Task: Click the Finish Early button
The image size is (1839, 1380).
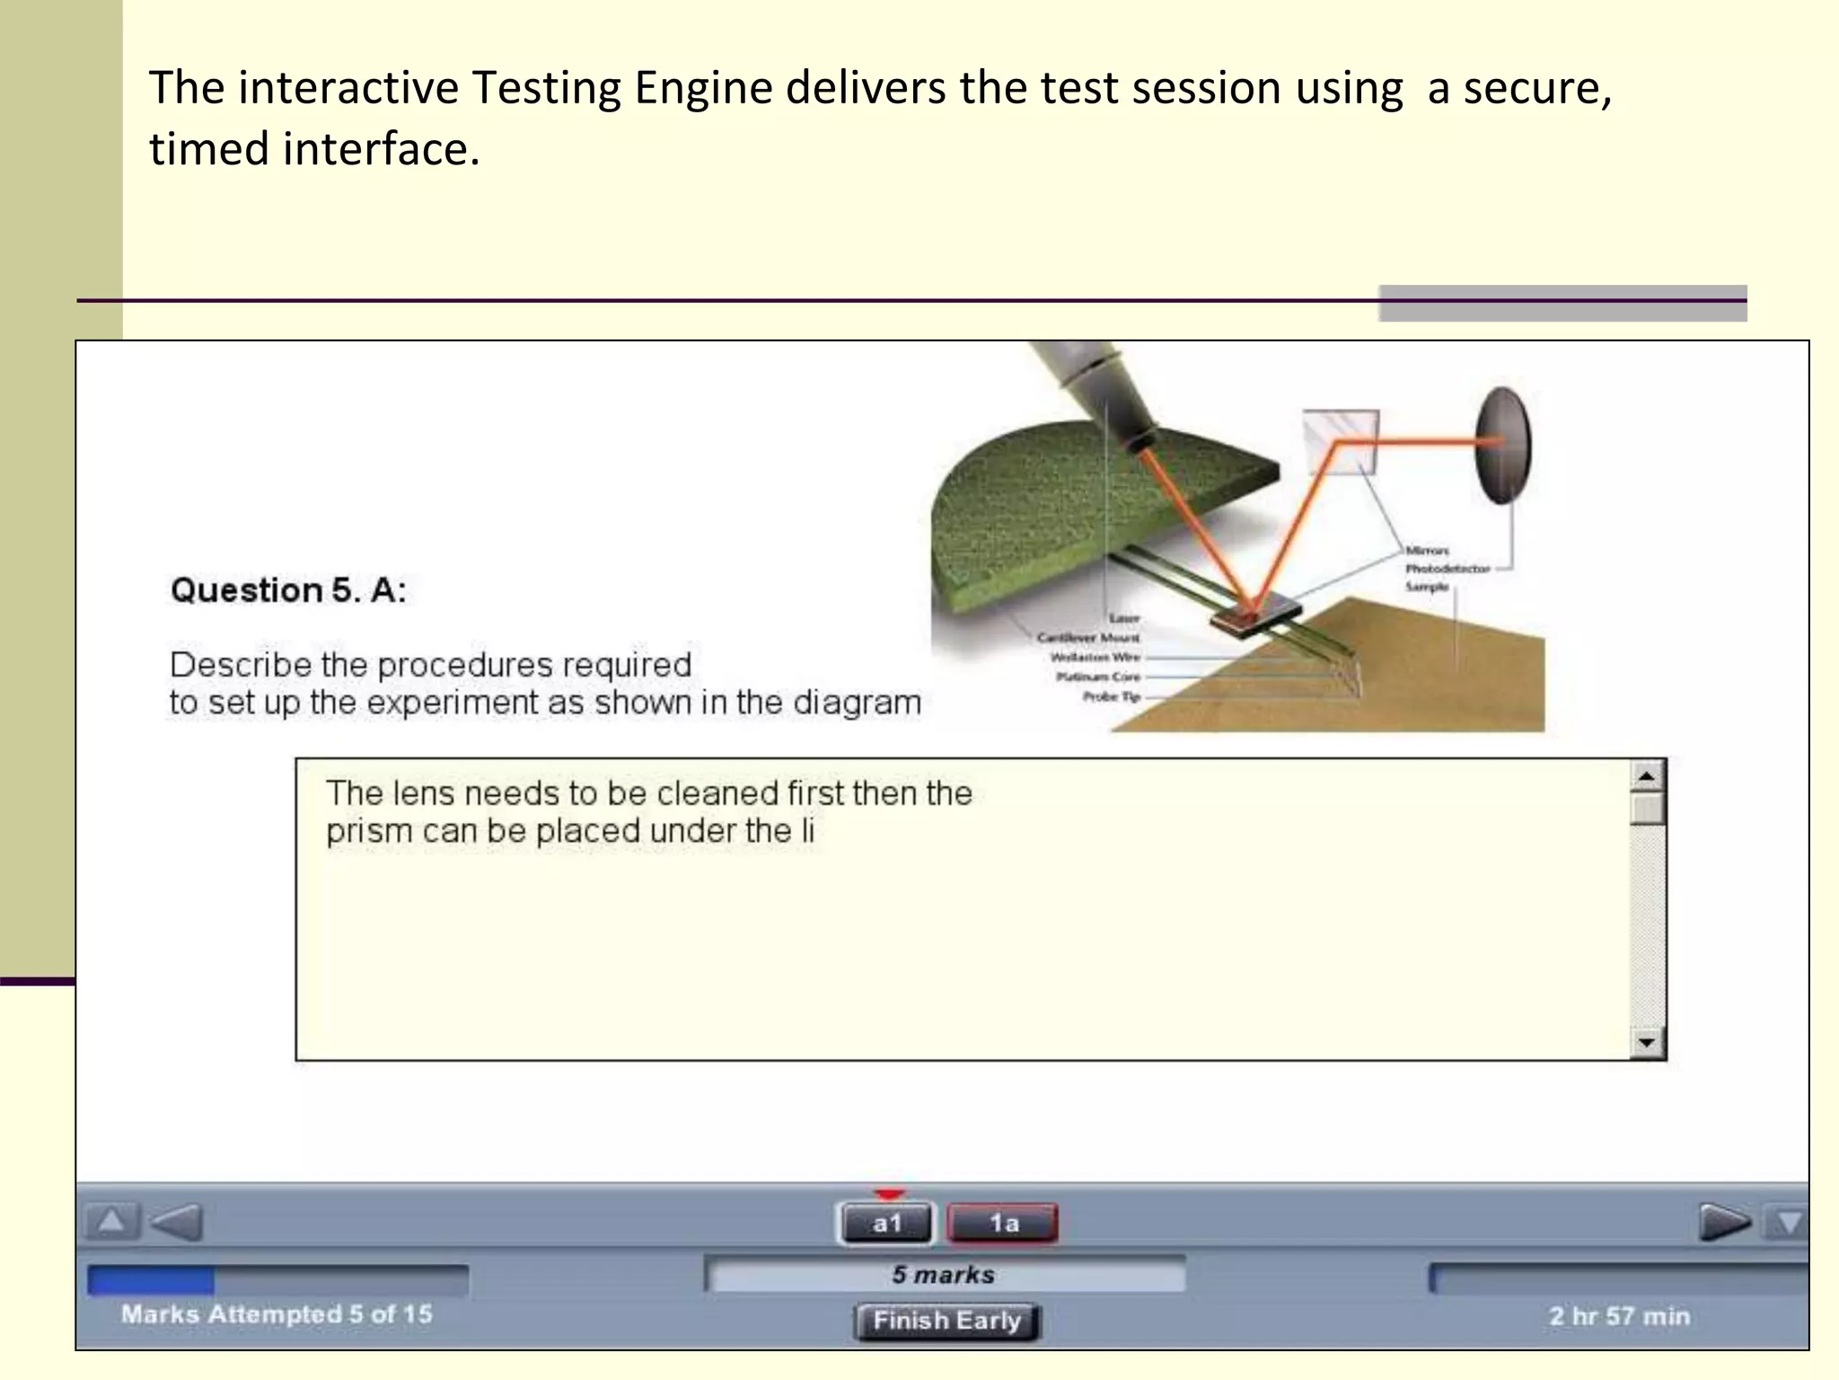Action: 946,1321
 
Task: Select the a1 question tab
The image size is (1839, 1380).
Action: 886,1224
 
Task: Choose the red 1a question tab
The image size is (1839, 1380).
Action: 1003,1224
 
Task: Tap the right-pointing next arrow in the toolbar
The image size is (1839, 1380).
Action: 1724,1222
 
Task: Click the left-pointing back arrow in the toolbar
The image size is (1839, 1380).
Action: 177,1222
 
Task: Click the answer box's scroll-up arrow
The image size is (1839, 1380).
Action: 1647,775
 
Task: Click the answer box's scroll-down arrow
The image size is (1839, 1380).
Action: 1647,1042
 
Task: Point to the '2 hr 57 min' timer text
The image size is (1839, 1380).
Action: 1619,1316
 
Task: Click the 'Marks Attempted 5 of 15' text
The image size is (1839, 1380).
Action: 277,1314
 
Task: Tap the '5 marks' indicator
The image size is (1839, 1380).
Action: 943,1275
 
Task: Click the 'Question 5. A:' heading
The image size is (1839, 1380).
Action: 288,590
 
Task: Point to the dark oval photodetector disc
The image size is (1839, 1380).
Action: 1501,446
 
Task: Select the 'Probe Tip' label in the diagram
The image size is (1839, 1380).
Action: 1111,696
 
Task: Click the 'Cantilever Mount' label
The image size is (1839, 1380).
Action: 1087,637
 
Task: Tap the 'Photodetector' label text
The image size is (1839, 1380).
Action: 1447,568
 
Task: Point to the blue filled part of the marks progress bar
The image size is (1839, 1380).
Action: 151,1280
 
